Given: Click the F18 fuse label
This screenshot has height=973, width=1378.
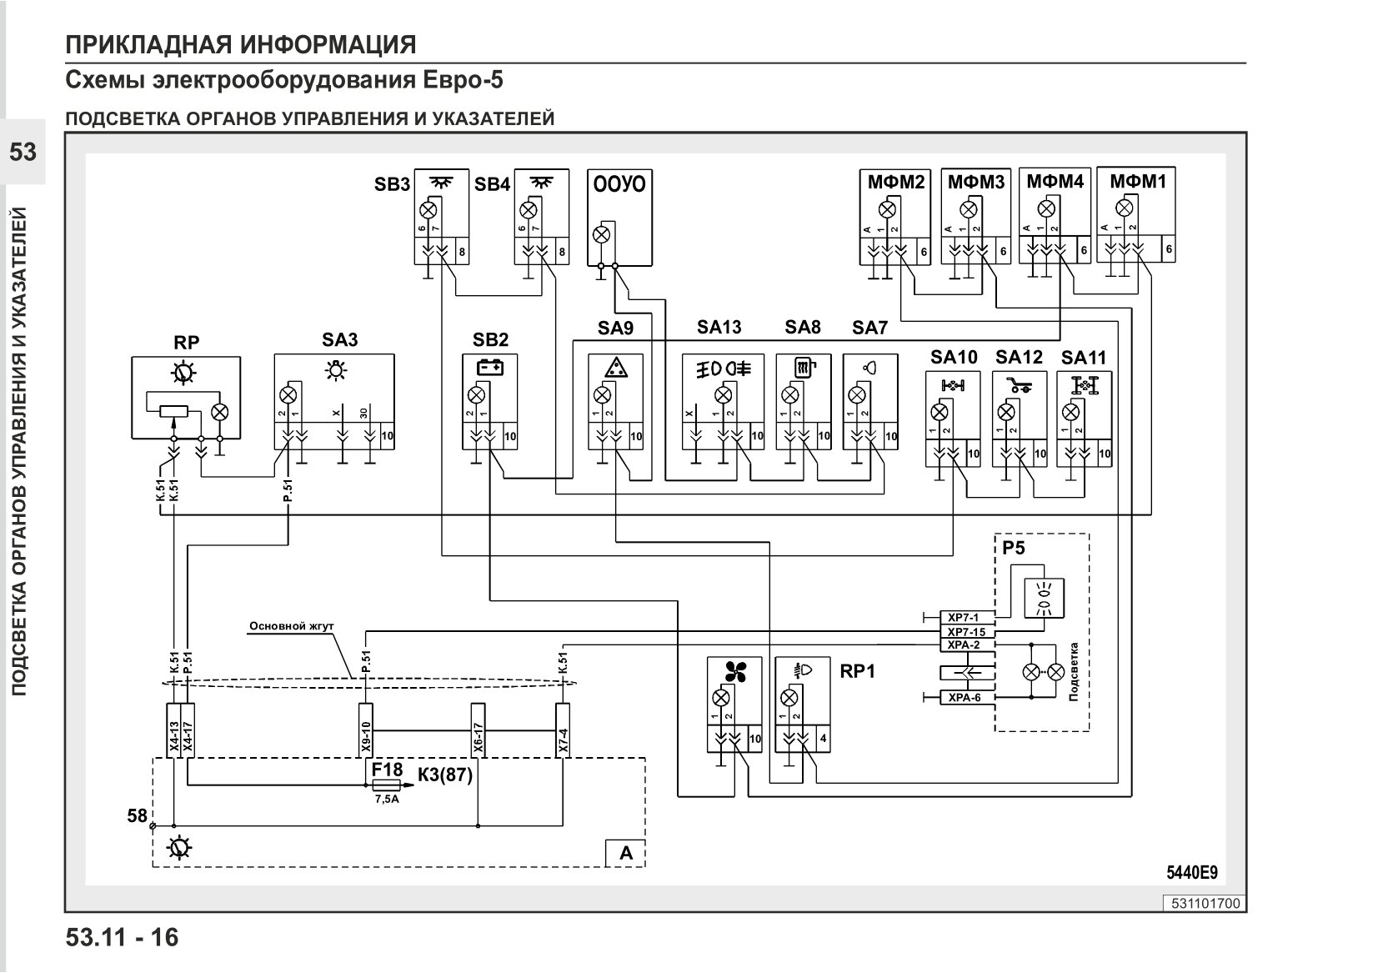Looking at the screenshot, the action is (387, 770).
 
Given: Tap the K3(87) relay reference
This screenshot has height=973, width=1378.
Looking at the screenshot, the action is (445, 775).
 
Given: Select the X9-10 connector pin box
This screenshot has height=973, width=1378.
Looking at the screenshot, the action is (365, 730).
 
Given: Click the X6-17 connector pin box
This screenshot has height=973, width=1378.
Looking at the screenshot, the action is (478, 730).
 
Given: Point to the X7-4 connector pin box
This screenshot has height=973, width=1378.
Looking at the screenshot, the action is (562, 730).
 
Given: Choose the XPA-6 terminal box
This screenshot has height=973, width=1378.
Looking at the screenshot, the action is (967, 698).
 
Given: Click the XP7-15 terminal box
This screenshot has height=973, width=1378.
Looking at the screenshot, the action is (967, 632).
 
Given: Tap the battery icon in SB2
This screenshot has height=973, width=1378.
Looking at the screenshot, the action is (490, 368).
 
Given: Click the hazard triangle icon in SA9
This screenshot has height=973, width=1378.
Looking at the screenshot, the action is (615, 368).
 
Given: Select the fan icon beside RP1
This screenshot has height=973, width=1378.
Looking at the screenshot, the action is (735, 671).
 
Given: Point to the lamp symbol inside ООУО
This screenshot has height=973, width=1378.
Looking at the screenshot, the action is (601, 234).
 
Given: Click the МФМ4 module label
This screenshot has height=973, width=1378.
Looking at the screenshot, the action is (1055, 182).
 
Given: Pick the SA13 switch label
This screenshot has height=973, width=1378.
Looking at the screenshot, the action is (719, 328).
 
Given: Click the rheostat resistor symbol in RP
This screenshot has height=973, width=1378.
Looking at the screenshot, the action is (173, 410).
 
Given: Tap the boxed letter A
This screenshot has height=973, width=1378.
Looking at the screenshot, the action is (625, 854).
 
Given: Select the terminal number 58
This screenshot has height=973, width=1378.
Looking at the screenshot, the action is (138, 816).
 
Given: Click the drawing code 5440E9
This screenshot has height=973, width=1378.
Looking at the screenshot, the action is (1192, 873).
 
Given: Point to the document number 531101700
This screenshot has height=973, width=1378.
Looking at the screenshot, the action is (1205, 904).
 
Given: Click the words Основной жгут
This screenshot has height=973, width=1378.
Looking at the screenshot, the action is (292, 626).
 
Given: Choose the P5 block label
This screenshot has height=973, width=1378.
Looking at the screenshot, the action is (1014, 548).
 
